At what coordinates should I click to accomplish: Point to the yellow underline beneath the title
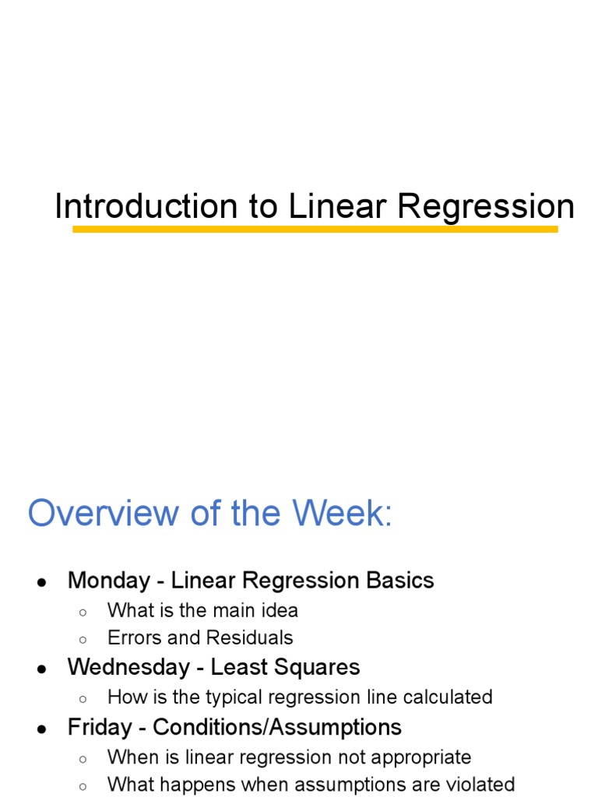point(315,230)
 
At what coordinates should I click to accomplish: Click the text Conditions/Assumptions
point(277,728)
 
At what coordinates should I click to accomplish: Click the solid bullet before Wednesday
point(42,669)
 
